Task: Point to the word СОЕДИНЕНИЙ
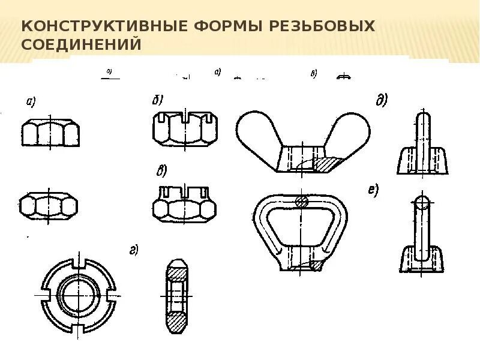[81, 44]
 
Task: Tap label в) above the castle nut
[161, 172]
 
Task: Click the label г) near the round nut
[133, 250]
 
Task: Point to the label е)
[373, 191]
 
